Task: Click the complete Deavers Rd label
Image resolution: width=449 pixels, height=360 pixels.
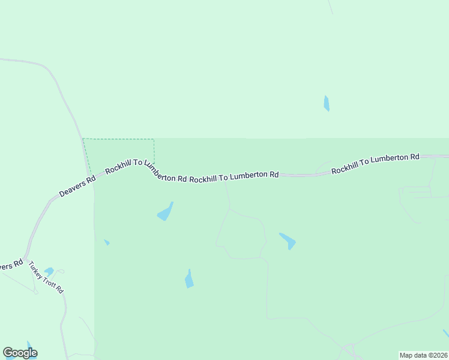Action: (77, 187)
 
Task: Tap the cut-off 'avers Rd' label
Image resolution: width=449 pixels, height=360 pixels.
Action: (10, 265)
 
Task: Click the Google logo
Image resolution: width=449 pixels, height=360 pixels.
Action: (20, 353)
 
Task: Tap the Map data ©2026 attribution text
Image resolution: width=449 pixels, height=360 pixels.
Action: (424, 355)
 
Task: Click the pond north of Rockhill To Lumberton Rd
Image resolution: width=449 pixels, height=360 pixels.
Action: (327, 103)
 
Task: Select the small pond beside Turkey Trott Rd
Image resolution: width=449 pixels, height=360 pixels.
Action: (49, 271)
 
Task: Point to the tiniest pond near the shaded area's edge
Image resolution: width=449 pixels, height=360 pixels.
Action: (107, 242)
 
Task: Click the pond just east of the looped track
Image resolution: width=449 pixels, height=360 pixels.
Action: (288, 241)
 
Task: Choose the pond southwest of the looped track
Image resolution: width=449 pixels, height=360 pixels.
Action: (189, 279)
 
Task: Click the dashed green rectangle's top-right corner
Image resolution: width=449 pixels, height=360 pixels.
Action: (154, 139)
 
